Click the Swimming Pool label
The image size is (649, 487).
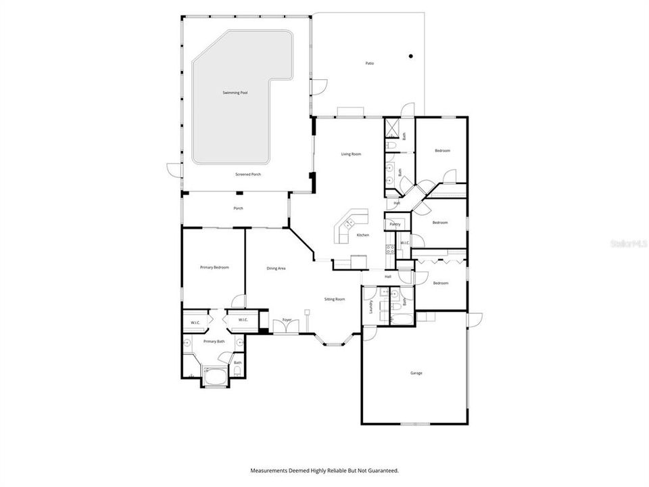[x=235, y=93]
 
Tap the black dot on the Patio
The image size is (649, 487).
[x=410, y=56]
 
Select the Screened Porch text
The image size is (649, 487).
[x=248, y=175]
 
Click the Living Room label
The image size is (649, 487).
[x=351, y=154]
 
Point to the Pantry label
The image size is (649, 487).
[x=395, y=223]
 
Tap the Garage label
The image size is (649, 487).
[x=416, y=373]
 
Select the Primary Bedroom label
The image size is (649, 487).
[x=214, y=268]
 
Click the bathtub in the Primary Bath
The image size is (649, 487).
[x=216, y=376]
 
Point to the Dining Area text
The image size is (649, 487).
[x=276, y=269]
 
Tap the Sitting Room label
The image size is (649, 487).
[x=335, y=299]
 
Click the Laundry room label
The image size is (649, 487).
[x=372, y=306]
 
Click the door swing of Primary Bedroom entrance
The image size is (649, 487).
[x=237, y=300]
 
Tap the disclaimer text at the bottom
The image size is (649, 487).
[x=324, y=470]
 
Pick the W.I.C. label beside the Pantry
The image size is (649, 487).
[x=404, y=243]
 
